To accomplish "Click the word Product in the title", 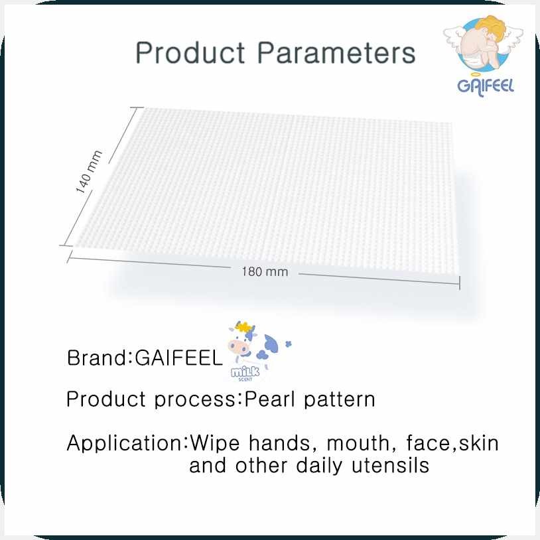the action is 190,52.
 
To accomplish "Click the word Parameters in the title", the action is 337,52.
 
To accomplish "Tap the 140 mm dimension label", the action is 89,172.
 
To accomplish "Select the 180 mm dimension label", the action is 265,272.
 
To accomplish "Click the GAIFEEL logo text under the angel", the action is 485,87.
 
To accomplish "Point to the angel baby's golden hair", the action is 490,24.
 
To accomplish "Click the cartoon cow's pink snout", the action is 238,347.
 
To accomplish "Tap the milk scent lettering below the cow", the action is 245,373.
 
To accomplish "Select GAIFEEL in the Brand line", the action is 178,358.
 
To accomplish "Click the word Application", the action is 125,444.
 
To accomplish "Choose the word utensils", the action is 391,466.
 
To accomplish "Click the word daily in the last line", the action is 319,466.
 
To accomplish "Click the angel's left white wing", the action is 454,37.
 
